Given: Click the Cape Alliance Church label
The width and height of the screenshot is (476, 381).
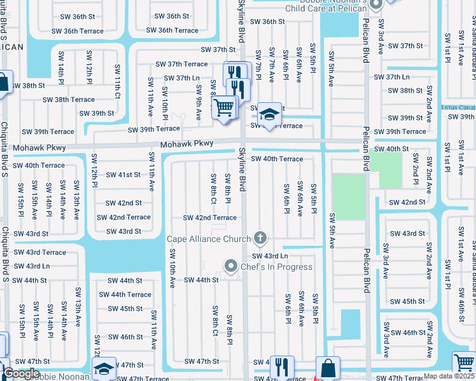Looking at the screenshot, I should [209, 239].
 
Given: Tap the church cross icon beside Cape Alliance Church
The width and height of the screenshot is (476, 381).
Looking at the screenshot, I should [260, 239].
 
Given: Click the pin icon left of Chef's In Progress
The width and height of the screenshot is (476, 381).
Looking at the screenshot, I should [230, 266].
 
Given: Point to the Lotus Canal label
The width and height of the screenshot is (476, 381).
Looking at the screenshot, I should [458, 107].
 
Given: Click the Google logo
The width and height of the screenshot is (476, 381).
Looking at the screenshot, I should [22, 374].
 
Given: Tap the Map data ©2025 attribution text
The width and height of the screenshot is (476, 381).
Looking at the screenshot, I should [448, 376].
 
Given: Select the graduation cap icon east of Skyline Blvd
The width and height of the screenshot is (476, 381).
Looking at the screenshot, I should [270, 116].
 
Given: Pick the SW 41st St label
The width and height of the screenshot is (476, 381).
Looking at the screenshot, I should [123, 175].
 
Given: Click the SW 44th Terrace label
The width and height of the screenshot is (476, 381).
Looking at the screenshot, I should [125, 295].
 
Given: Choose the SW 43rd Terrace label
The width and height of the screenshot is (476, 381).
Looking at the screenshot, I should [40, 253].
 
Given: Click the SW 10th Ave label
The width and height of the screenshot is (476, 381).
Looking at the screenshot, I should [172, 268].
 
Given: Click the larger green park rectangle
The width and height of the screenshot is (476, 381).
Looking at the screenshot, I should [348, 197].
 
